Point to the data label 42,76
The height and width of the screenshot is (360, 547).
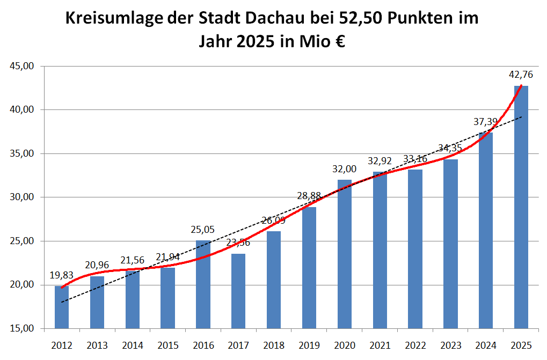click(x=521, y=75)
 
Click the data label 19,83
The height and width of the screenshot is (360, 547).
click(x=62, y=275)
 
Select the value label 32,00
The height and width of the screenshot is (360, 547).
click(x=345, y=169)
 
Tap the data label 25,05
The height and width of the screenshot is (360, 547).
click(x=203, y=230)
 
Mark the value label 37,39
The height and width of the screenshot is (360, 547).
click(x=486, y=122)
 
